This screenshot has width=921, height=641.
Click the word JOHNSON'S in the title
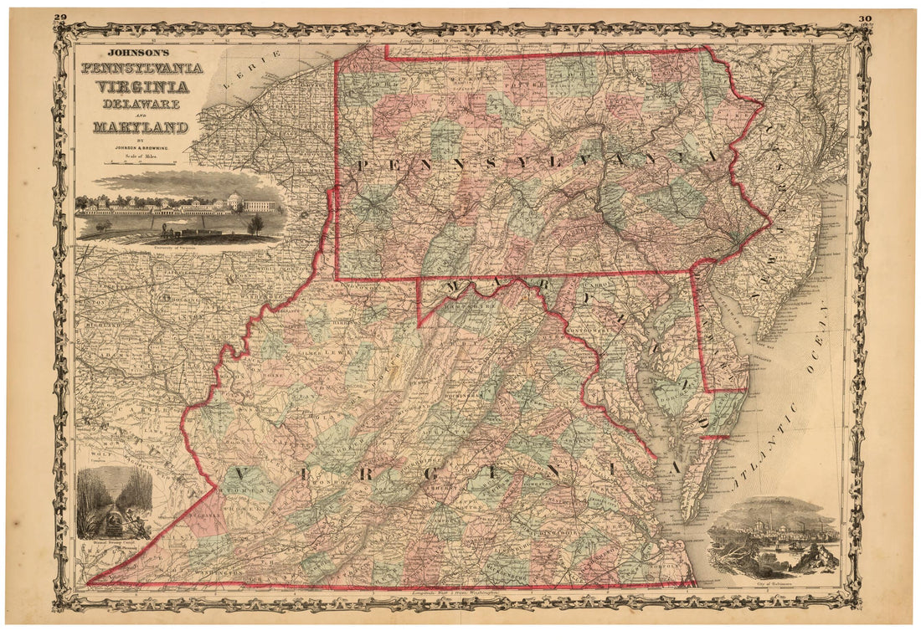point(108,49)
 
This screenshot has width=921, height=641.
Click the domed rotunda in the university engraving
point(234,201)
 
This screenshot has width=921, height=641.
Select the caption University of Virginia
point(178,249)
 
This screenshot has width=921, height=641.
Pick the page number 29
point(59,17)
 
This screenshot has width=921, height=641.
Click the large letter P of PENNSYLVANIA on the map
point(361,166)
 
